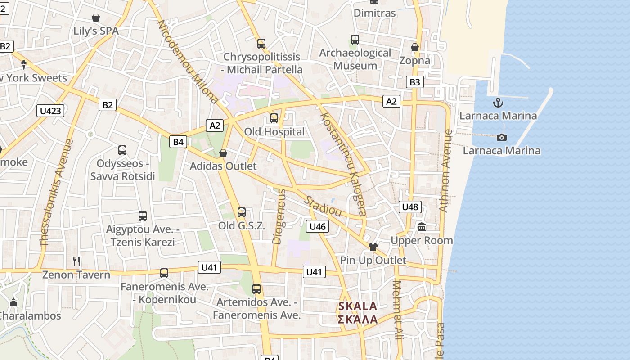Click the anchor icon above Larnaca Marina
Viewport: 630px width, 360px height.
[498, 103]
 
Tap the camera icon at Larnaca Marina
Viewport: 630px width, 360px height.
[501, 137]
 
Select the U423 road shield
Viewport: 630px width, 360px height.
[51, 111]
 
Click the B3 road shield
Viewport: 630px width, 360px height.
[414, 82]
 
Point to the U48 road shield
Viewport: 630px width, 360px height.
[409, 207]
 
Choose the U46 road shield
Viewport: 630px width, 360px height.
[318, 226]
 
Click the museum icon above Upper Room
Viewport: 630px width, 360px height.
[422, 227]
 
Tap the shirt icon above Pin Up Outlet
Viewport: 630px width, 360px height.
[373, 247]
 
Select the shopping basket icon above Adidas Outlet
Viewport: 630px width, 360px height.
[223, 153]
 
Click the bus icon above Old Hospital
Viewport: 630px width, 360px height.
[274, 118]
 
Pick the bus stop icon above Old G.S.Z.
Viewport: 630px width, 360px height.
[242, 212]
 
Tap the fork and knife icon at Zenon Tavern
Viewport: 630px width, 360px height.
[76, 261]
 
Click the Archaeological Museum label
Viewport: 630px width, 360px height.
[355, 59]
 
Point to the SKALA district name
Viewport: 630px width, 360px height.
[357, 306]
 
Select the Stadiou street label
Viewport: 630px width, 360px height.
[323, 206]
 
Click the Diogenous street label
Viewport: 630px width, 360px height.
[279, 216]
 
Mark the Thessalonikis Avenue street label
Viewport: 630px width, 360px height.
[56, 193]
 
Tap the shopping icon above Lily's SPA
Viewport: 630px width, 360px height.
[96, 18]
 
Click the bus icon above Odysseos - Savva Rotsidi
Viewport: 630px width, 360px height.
[122, 150]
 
